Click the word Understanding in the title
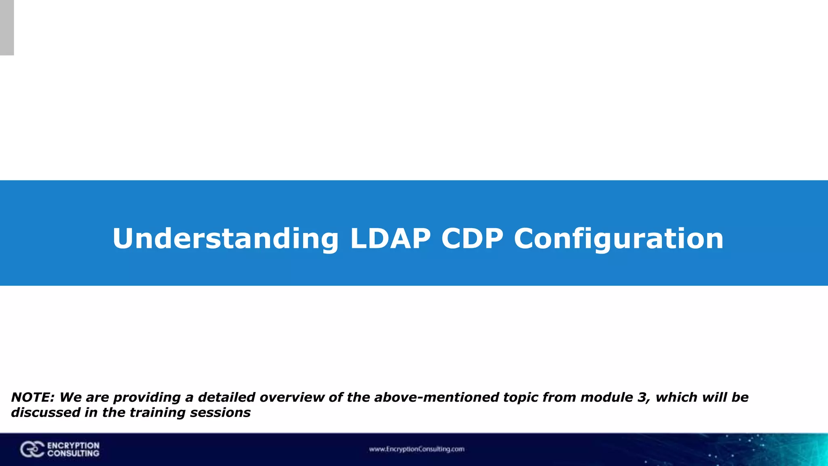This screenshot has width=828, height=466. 225,239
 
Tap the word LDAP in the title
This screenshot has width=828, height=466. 390,239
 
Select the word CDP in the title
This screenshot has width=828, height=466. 472,239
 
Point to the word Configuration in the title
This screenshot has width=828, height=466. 619,239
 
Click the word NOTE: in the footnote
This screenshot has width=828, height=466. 33,397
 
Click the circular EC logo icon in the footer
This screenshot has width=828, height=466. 32,449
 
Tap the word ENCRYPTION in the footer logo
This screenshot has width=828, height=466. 73,445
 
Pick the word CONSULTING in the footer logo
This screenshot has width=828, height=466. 73,453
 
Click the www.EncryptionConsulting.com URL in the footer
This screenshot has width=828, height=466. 416,449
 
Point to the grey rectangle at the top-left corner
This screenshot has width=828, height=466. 7,28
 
